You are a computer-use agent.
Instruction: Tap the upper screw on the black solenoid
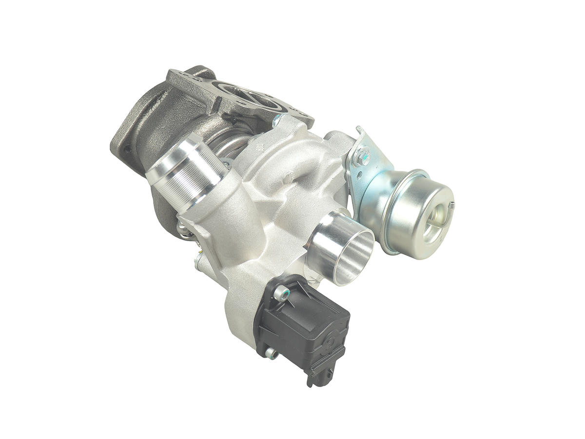(x=279, y=293)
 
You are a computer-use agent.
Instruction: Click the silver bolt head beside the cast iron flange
(x=277, y=120)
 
